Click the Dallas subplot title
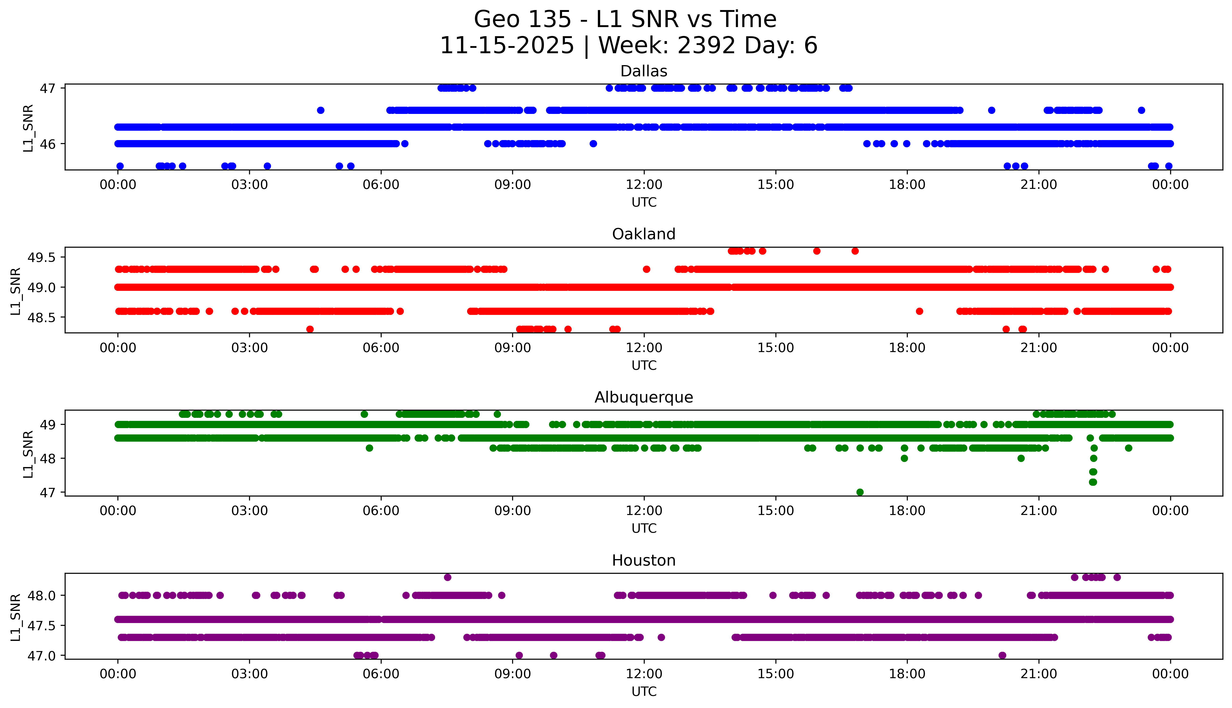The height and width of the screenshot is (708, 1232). tap(644, 71)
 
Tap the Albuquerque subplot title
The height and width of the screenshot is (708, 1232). tap(644, 397)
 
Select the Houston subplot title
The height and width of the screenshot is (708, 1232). tap(644, 561)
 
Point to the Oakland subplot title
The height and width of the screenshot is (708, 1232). tap(644, 234)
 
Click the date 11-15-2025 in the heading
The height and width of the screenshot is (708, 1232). tap(507, 46)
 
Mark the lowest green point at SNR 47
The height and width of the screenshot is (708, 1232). tap(860, 492)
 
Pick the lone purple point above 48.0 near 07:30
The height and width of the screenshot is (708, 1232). tap(448, 577)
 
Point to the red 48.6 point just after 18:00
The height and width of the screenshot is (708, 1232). tap(919, 311)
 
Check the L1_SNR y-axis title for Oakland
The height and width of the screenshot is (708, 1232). tap(16, 291)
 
